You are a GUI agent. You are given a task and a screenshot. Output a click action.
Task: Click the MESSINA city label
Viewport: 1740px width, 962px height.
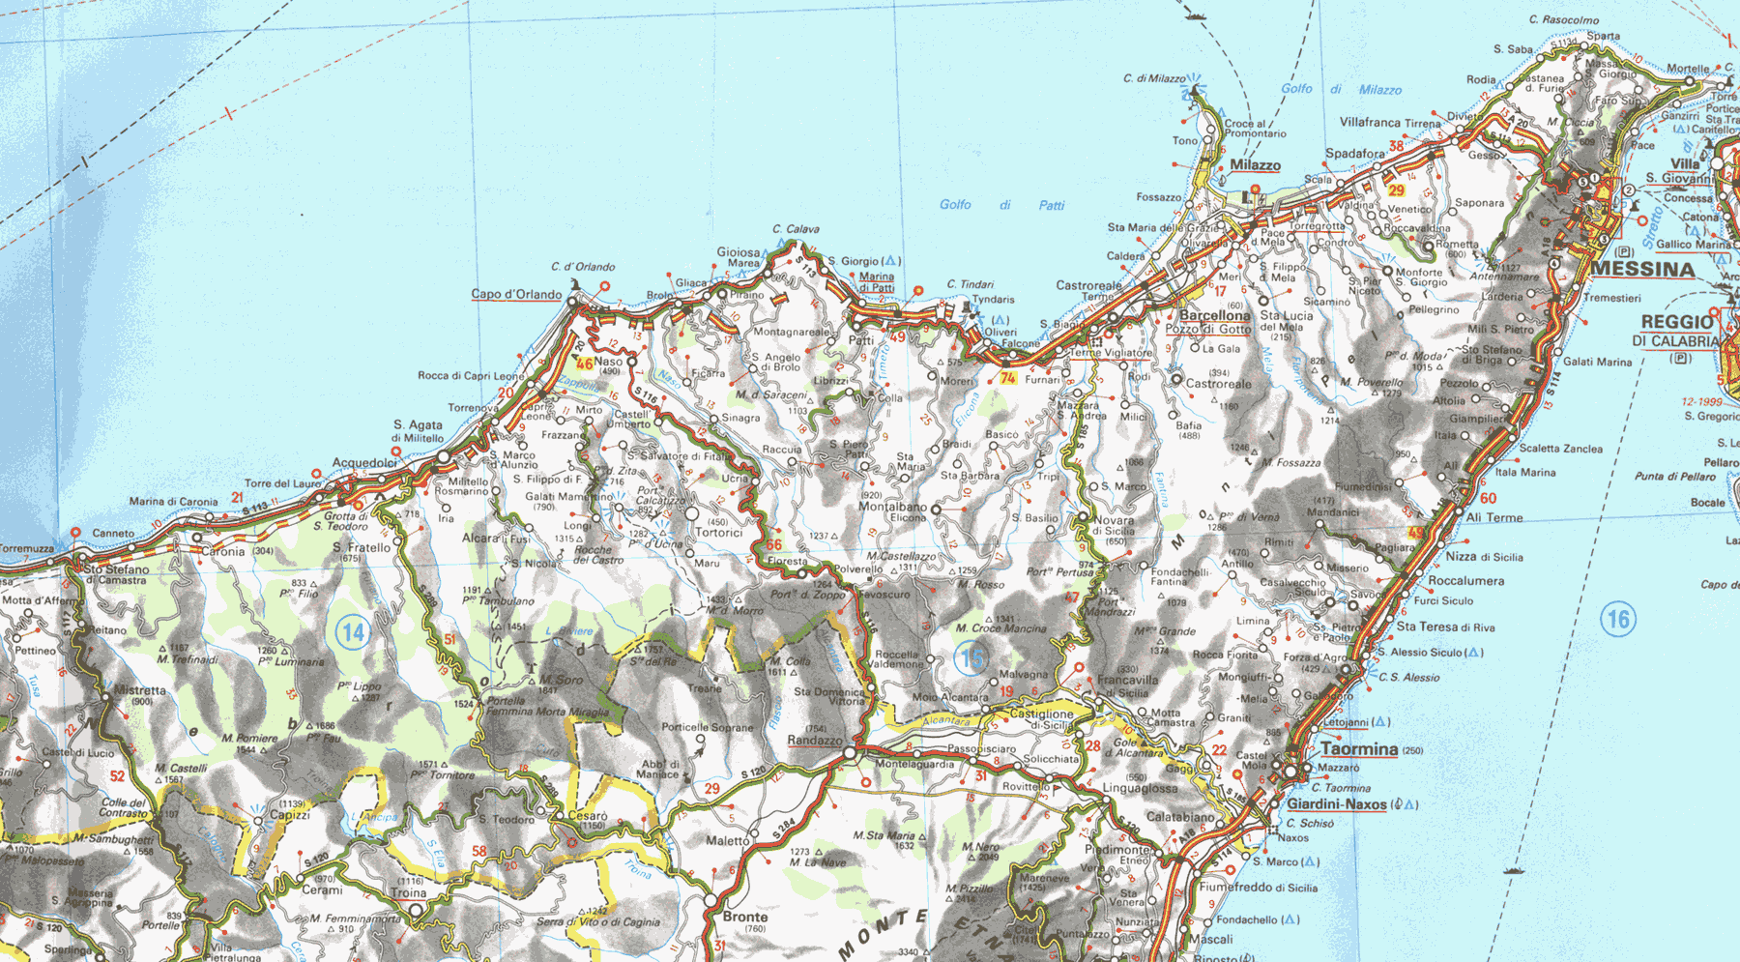(1642, 269)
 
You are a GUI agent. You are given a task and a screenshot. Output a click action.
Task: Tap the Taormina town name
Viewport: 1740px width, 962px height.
(1359, 749)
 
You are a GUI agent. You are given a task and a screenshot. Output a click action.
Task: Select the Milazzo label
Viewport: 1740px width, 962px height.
(1255, 165)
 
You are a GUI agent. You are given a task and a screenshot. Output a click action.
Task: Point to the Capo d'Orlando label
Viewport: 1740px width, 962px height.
(516, 294)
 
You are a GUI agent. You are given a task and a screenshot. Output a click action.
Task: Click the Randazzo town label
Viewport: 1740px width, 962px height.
(815, 741)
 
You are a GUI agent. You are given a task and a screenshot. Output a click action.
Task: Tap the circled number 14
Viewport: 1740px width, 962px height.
(353, 633)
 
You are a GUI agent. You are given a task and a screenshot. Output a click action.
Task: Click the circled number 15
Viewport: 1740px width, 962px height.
(971, 659)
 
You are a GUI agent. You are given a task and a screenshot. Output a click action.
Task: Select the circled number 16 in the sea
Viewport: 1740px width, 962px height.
(1618, 619)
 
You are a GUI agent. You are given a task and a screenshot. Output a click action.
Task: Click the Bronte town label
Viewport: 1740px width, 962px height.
(745, 917)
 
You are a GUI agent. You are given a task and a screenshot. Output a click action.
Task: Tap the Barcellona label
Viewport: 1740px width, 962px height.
(1214, 315)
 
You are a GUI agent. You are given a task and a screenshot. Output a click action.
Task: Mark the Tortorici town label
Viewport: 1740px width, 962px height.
(718, 533)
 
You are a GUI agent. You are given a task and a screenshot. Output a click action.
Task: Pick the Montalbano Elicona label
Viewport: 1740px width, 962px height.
(892, 511)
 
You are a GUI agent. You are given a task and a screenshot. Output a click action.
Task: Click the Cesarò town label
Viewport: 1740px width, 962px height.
(588, 816)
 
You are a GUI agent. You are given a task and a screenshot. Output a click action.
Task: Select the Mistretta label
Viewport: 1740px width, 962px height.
(140, 690)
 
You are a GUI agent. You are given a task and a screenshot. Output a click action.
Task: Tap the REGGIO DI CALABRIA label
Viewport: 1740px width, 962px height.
(1684, 331)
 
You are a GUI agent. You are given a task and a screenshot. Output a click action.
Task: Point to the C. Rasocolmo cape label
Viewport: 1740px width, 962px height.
(1563, 19)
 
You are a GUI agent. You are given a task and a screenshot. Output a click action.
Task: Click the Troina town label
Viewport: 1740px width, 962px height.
(409, 892)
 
